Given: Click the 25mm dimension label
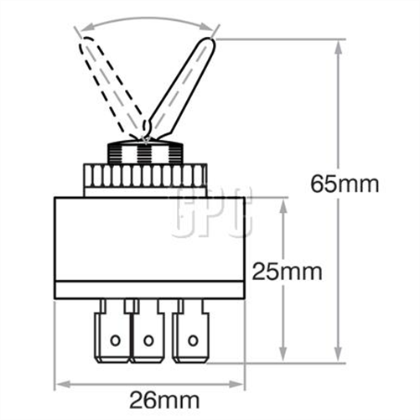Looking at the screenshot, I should pyautogui.click(x=288, y=272).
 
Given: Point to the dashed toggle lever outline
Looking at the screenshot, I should pyautogui.click(x=109, y=84).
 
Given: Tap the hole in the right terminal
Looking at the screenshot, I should pyautogui.click(x=193, y=340).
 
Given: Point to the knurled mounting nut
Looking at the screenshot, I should pyautogui.click(x=144, y=176).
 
